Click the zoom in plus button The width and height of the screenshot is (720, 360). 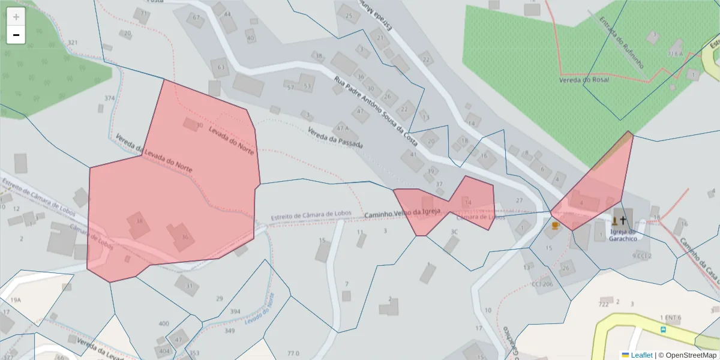tap(16, 17)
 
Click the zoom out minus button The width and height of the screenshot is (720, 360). tap(16, 35)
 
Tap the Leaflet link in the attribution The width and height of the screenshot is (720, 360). tap(641, 355)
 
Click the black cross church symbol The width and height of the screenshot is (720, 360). tap(623, 220)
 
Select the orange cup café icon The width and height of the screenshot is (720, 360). tap(556, 226)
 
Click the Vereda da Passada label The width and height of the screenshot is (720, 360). tap(335, 138)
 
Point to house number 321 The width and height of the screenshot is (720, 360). tap(73, 43)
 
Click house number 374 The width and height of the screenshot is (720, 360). tap(109, 98)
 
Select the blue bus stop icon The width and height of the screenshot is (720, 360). tap(663, 329)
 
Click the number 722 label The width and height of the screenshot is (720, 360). tap(604, 304)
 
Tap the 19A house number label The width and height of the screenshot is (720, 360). tap(16, 299)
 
